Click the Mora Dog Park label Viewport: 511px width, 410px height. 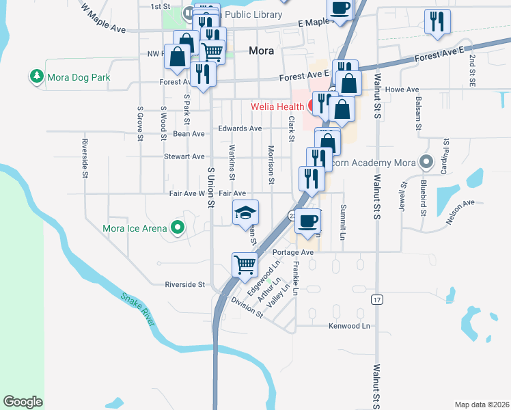[x=79, y=77]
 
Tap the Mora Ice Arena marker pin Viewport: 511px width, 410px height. [x=178, y=228]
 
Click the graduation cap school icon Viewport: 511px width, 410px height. [x=246, y=213]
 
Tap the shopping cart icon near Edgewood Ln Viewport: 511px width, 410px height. [x=245, y=264]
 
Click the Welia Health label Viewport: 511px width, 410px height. [x=277, y=107]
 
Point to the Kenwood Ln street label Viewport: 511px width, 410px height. [x=348, y=326]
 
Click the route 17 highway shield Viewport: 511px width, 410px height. [x=376, y=299]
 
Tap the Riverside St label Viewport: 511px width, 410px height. [x=185, y=284]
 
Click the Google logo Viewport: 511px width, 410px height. [x=23, y=402]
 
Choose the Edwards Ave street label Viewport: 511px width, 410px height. [x=240, y=128]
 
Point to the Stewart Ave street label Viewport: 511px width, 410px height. [x=184, y=156]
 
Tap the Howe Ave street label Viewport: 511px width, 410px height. [x=402, y=90]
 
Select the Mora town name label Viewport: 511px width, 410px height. [x=262, y=50]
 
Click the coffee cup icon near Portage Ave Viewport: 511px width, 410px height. [x=308, y=221]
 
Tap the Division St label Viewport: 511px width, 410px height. [x=247, y=306]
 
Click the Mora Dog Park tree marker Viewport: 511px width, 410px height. [x=37, y=77]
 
